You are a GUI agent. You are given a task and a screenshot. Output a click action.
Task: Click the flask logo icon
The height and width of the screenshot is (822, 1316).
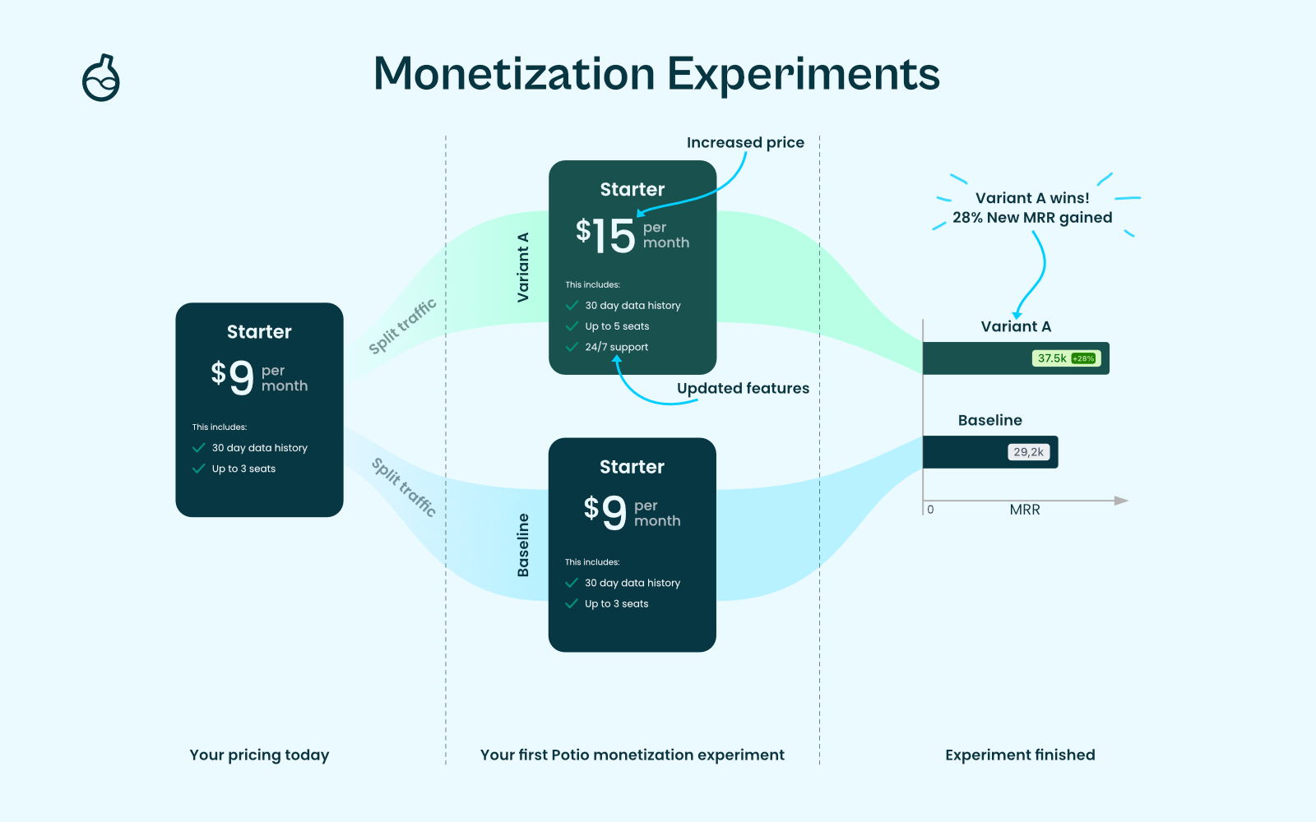tap(101, 78)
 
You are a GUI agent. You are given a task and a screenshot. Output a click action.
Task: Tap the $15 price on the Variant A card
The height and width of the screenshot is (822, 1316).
tap(605, 235)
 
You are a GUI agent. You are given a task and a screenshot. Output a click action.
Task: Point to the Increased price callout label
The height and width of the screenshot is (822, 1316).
tap(745, 143)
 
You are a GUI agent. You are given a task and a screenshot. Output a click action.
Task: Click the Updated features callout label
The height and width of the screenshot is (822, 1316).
tap(744, 388)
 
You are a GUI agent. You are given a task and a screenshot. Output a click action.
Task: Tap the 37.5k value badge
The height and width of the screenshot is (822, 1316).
tap(1052, 358)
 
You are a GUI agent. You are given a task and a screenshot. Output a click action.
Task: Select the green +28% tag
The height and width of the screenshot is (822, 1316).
tap(1083, 358)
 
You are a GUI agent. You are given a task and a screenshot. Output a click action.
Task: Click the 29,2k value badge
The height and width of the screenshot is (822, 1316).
tap(1029, 452)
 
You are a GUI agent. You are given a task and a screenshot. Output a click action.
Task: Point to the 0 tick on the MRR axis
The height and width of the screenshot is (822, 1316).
tap(930, 510)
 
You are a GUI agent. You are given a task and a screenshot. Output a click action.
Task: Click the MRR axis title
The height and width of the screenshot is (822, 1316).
tap(1025, 510)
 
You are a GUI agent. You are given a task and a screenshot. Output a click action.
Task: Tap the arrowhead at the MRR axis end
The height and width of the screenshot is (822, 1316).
tap(1122, 501)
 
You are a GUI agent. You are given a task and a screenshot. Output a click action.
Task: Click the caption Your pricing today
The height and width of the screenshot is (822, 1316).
tap(259, 755)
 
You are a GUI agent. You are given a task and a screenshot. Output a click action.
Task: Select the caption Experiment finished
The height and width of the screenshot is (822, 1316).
tap(1020, 755)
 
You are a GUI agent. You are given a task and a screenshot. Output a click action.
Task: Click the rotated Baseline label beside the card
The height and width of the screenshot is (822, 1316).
tap(523, 545)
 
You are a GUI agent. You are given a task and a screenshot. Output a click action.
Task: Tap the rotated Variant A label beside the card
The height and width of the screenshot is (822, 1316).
tap(523, 268)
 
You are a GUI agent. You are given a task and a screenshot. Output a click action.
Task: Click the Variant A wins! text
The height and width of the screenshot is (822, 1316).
tap(1032, 198)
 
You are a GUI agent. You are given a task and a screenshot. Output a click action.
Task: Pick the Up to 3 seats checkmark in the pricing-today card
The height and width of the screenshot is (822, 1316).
tap(198, 469)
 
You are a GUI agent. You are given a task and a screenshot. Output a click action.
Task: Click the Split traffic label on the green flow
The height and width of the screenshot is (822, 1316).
tap(402, 326)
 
